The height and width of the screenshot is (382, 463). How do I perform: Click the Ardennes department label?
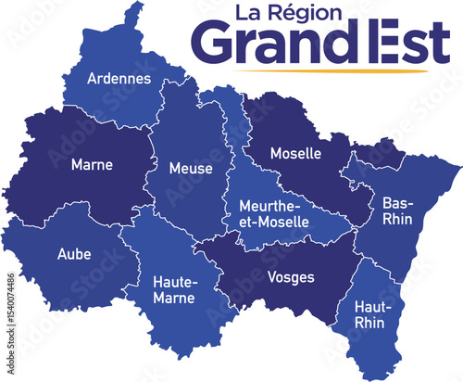pyautogui.click(x=119, y=79)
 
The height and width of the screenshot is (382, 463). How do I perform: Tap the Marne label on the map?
pyautogui.click(x=92, y=165)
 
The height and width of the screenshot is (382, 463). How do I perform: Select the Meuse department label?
pyautogui.click(x=191, y=169)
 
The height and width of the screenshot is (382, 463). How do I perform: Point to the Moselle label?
pyautogui.click(x=295, y=152)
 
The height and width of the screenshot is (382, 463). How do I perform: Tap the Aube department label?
pyautogui.click(x=74, y=253)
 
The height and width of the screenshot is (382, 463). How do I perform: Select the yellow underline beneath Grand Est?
pyautogui.click(x=315, y=70)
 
